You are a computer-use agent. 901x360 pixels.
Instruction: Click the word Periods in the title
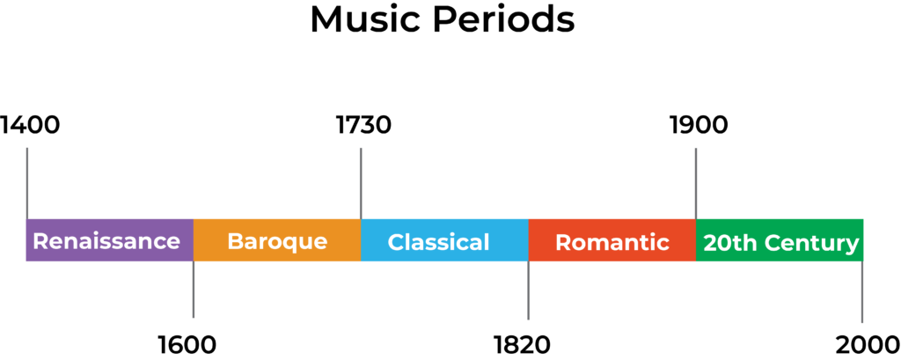click(x=504, y=20)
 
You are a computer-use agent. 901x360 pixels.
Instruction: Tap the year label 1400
click(x=30, y=125)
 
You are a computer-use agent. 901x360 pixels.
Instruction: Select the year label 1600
click(x=187, y=344)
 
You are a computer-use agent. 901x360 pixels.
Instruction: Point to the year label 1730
click(x=363, y=125)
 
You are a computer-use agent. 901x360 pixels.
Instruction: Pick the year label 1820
click(x=523, y=344)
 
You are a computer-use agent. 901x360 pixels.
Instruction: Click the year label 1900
click(x=699, y=125)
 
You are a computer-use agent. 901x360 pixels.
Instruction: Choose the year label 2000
click(x=868, y=344)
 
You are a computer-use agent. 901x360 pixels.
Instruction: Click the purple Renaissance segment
click(x=110, y=240)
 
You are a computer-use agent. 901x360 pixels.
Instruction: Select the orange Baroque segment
click(x=277, y=240)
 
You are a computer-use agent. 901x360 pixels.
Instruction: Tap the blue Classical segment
click(x=444, y=240)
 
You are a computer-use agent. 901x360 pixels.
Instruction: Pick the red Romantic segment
click(x=612, y=240)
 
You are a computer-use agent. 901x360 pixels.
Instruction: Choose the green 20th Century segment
click(x=780, y=240)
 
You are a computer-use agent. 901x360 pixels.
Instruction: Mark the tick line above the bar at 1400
click(x=27, y=183)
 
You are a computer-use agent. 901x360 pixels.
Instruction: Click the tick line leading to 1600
click(x=194, y=290)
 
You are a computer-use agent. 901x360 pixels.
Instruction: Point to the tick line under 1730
click(x=361, y=183)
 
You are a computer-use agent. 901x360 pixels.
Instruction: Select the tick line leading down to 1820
click(x=529, y=290)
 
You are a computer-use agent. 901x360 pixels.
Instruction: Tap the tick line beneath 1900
click(x=696, y=183)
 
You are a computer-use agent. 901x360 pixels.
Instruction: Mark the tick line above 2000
click(x=862, y=291)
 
